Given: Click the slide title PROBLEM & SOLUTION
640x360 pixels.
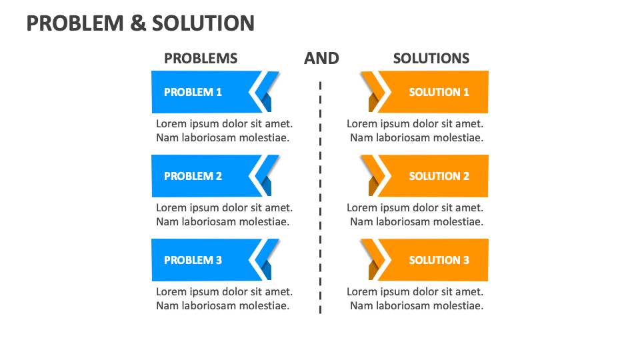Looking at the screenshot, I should click(140, 23).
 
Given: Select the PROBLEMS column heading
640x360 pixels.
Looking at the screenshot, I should click(201, 59).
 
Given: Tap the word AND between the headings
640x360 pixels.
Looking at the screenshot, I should click(321, 59).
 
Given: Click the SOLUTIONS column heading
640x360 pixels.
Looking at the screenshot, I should click(431, 59).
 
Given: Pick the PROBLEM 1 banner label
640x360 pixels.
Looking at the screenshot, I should click(193, 92).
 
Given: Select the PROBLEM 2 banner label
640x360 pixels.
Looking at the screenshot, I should click(193, 176).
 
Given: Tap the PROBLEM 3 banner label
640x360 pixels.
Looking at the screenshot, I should click(193, 260).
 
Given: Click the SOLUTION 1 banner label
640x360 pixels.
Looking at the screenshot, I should click(439, 92).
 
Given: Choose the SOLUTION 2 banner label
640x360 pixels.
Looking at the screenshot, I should click(439, 176).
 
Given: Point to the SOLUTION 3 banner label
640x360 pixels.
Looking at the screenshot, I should click(439, 260).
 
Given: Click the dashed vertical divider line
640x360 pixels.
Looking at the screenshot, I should click(320, 200).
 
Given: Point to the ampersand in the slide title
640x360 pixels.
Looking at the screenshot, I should click(137, 23).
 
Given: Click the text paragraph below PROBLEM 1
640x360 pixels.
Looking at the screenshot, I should click(224, 131).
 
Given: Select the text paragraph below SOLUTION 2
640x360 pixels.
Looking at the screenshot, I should click(415, 215).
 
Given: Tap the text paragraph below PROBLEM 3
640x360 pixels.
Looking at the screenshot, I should click(224, 299).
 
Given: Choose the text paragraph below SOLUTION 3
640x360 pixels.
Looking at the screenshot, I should click(415, 299).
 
